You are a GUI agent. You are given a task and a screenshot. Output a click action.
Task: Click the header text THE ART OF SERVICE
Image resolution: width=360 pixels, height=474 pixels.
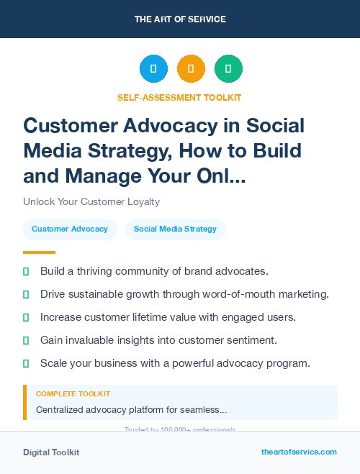coord(179,19)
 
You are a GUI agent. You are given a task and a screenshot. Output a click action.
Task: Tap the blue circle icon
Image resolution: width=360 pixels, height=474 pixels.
coord(153,69)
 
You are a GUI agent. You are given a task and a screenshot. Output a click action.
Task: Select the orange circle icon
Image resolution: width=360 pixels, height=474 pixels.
coord(191,69)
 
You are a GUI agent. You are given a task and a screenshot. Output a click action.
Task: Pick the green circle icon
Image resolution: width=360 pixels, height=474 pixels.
coord(228,69)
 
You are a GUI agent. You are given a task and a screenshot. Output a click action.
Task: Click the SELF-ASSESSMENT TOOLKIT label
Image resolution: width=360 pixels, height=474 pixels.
coord(179,97)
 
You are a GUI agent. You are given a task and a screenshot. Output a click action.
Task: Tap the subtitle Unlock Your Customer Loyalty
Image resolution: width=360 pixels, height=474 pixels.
coord(91,201)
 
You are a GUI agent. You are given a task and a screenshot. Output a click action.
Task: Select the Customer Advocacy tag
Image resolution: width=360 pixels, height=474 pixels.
coord(70,229)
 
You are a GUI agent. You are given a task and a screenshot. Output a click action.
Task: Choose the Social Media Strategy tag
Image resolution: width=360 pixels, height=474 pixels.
coord(175,229)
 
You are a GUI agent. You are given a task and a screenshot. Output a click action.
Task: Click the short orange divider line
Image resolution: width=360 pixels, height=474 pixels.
coord(39,252)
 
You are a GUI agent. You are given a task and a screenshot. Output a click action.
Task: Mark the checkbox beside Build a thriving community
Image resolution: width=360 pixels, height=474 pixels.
coord(27,271)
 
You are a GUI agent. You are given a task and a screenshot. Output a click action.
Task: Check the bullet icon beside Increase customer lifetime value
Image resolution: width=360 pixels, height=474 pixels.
coord(27,317)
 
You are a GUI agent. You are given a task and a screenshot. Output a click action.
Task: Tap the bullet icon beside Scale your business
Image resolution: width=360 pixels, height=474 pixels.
coord(27,363)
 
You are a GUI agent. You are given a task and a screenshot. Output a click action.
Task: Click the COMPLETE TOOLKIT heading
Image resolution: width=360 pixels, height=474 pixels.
coord(73,394)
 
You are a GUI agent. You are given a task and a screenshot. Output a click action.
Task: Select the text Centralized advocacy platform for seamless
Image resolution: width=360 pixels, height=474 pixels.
coord(131,410)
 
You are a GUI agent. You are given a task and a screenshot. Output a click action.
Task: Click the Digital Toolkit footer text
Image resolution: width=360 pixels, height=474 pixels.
coord(51,452)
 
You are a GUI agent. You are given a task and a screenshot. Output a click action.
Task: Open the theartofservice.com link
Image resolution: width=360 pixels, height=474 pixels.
coord(299,452)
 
